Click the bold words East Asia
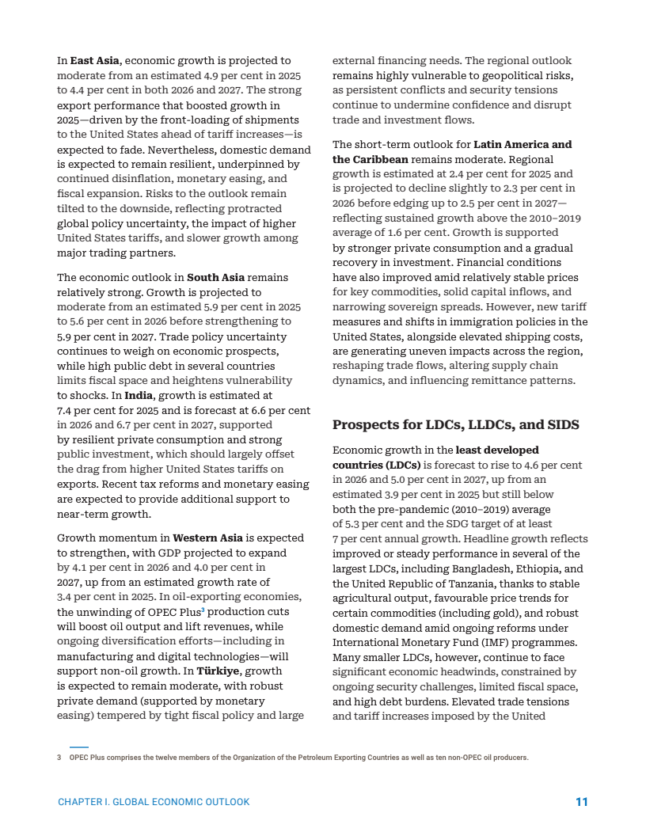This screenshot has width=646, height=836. tap(95, 61)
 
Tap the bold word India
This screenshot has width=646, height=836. tap(139, 396)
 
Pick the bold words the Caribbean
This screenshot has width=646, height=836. tap(370, 159)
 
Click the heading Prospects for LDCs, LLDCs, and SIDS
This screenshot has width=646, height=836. tap(455, 425)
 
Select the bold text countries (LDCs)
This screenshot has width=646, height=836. tap(376, 465)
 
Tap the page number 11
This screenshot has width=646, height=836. tap(581, 802)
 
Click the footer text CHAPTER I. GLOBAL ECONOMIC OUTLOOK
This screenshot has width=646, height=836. tap(154, 802)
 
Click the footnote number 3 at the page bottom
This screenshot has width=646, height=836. tap(59, 758)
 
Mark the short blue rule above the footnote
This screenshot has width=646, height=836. tap(78, 747)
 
